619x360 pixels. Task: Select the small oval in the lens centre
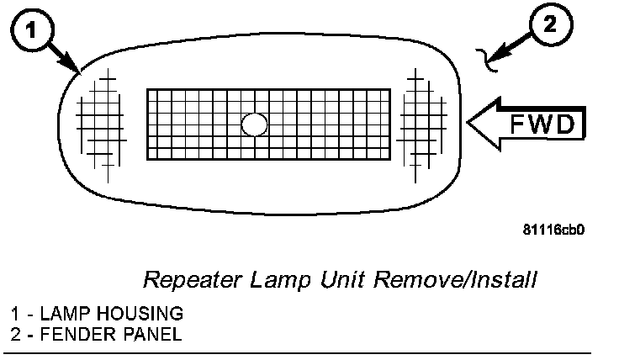coord(253,124)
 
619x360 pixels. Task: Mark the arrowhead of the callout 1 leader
coord(78,69)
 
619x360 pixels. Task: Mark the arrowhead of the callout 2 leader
coord(496,58)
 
